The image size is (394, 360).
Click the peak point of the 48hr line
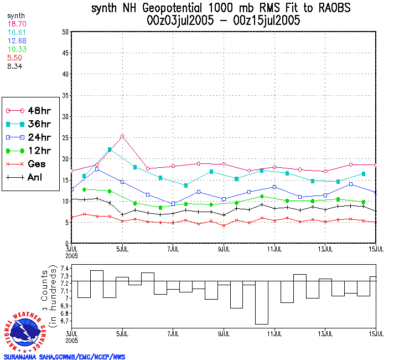pyautogui.click(x=122, y=136)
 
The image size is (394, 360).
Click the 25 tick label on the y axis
pyautogui.click(x=65, y=137)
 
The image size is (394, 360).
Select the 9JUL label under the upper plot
pyautogui.click(x=224, y=249)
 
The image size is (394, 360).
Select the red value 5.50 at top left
pyautogui.click(x=14, y=58)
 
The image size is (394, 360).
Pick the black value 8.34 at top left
pyautogui.click(x=14, y=66)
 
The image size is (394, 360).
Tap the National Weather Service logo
pyautogui.click(x=25, y=331)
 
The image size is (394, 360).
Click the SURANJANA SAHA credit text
pyautogui.click(x=64, y=357)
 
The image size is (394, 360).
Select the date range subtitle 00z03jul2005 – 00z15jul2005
pyautogui.click(x=224, y=21)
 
